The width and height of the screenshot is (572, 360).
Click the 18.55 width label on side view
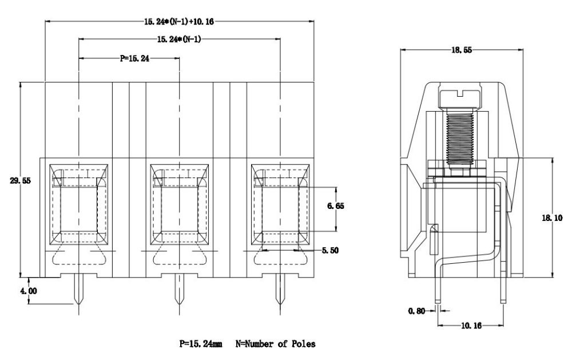pos(462,50)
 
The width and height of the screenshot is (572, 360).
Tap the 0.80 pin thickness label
pos(416,311)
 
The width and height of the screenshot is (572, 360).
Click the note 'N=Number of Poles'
pos(275,344)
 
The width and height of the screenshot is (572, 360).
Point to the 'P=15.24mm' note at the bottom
pos(201,344)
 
